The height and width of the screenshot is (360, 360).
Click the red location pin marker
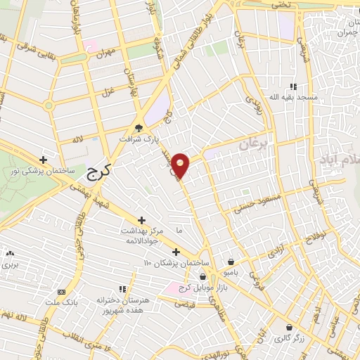181,165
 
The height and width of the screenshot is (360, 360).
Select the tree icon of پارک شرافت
139,129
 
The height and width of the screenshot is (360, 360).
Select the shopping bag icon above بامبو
231,260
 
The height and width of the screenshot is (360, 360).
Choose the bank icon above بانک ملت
61,291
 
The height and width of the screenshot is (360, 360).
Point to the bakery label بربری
9,266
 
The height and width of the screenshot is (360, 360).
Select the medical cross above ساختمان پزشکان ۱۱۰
176,252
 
